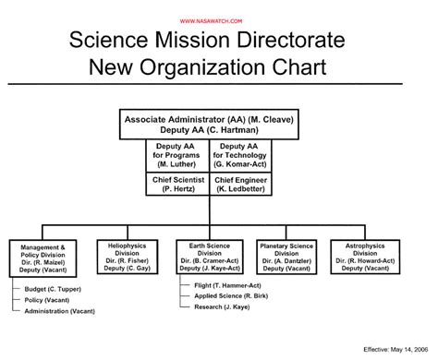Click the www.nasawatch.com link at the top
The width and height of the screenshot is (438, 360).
(x=218, y=20)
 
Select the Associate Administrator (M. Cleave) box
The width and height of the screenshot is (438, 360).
(x=211, y=126)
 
